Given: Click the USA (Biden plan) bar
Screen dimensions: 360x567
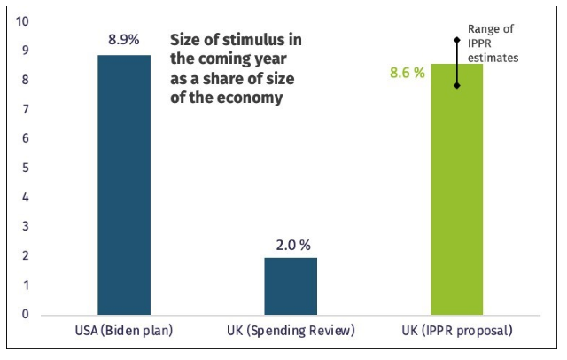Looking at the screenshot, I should (124, 184).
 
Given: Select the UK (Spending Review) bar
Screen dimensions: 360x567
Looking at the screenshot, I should (291, 286).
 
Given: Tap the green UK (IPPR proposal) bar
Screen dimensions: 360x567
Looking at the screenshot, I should (457, 190).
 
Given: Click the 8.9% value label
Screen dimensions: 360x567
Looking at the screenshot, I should (124, 40).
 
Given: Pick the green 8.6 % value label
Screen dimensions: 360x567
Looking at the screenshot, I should (408, 73).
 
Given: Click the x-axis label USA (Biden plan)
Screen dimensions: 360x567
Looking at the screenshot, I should (124, 333).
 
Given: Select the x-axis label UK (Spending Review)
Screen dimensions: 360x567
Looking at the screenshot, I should (290, 333).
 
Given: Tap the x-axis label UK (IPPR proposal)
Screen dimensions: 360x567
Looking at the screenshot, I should (457, 333).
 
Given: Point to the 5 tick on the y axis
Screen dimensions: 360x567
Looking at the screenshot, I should (26, 168).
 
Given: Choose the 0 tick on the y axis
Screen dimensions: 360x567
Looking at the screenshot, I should (26, 314).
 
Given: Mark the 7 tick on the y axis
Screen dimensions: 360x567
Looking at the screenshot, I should (26, 109).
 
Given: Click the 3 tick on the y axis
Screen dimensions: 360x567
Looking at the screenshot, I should (26, 226).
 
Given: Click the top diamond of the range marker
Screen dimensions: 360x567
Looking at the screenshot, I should (457, 40).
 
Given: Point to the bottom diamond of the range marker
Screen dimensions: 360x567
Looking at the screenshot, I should (457, 86).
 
